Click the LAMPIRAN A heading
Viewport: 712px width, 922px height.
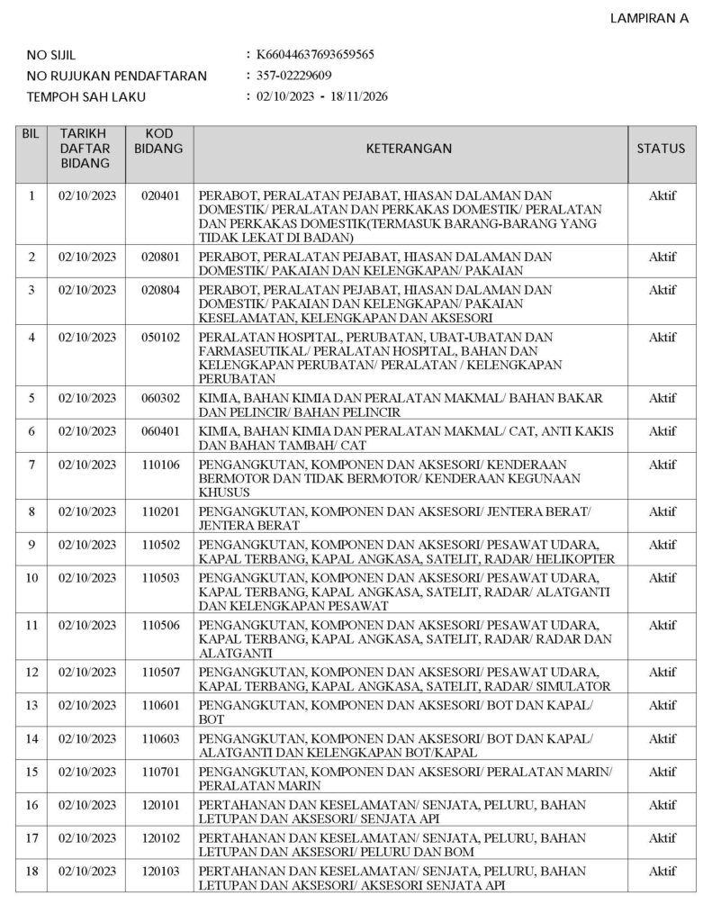tap(650, 18)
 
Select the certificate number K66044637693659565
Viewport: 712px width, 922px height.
tap(315, 54)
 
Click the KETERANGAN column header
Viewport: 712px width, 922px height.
tap(410, 149)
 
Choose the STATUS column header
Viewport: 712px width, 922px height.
tap(661, 149)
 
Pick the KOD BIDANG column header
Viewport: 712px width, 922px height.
tap(161, 141)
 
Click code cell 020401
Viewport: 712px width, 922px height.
tap(161, 195)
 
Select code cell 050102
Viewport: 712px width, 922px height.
tap(161, 338)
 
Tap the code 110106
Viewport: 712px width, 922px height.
tap(161, 465)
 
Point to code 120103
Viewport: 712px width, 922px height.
tap(161, 872)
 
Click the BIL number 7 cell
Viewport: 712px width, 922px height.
tap(32, 465)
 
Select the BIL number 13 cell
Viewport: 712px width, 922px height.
tap(32, 706)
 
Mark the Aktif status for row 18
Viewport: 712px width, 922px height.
tap(662, 872)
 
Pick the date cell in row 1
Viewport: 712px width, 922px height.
tap(87, 195)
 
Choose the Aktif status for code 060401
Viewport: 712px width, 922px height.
tap(662, 431)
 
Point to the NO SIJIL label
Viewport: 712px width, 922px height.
tap(51, 55)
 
